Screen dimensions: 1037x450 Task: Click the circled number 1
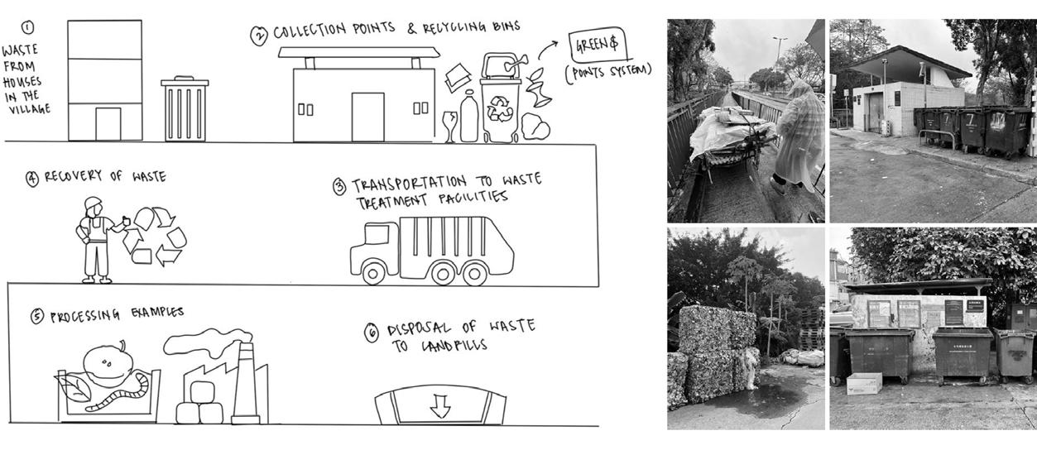click(x=28, y=28)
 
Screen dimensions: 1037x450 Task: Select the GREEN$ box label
click(x=598, y=45)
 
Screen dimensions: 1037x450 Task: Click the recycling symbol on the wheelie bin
click(x=501, y=108)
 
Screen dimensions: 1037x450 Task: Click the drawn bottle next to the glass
click(x=469, y=116)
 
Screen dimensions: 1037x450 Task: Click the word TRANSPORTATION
click(x=409, y=184)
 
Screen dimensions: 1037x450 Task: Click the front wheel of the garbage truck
click(x=373, y=273)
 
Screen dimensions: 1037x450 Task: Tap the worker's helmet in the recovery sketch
click(x=93, y=203)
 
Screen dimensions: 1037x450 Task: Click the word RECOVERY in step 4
click(x=73, y=175)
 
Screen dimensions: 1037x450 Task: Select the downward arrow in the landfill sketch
click(x=439, y=406)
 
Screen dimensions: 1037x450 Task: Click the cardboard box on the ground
click(x=864, y=383)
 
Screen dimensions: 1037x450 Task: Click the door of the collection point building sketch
click(x=367, y=117)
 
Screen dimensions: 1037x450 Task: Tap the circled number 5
click(x=37, y=316)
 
